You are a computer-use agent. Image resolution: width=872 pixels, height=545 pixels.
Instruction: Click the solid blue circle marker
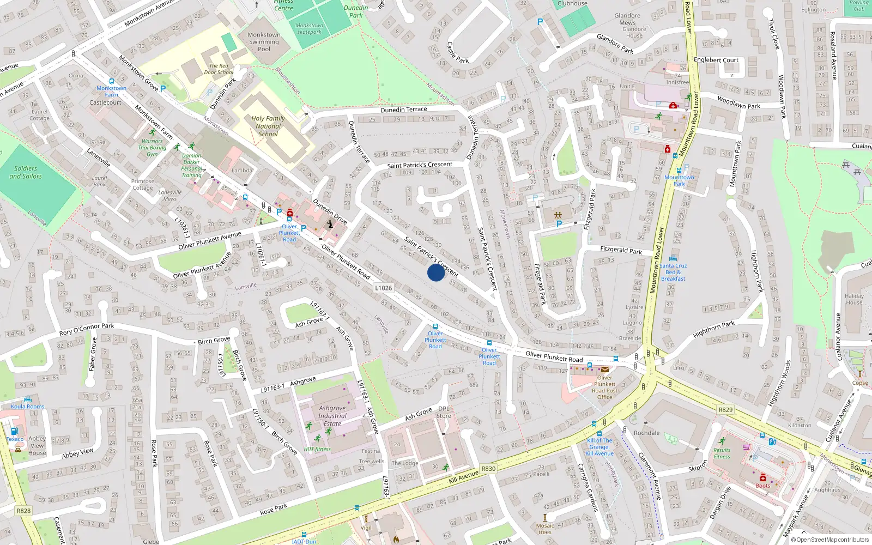[x=435, y=272]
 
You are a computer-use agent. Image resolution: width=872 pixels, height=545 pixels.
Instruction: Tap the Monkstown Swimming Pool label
[x=264, y=42]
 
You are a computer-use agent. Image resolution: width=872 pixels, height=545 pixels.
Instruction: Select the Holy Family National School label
[x=268, y=126]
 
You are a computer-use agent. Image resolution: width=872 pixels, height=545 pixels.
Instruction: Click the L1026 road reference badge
[x=383, y=288]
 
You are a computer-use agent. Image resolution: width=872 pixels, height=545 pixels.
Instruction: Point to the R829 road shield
[x=725, y=410]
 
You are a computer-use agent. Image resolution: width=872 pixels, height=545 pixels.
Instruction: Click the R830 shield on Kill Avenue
[x=488, y=469]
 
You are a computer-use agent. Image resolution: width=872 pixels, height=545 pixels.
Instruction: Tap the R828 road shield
[x=23, y=511]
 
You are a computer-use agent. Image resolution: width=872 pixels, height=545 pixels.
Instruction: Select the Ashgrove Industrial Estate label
[x=332, y=416]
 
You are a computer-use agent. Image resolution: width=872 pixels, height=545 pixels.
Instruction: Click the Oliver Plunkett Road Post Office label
[x=604, y=387]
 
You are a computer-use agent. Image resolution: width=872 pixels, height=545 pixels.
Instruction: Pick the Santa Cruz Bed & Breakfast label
[x=673, y=272]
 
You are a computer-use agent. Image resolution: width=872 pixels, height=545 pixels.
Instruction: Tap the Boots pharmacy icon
[x=763, y=478]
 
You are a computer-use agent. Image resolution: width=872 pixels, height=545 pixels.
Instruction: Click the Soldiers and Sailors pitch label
[x=26, y=172]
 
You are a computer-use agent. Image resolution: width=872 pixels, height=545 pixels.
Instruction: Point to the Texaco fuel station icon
[x=14, y=431]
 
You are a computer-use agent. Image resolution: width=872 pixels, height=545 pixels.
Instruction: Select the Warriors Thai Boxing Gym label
[x=152, y=147]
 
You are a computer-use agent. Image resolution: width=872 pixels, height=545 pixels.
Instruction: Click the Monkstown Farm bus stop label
[x=111, y=91]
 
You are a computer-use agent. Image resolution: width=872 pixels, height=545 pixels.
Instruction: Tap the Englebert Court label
[x=716, y=60]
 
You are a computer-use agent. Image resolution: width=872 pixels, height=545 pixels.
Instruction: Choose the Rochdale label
[x=646, y=433]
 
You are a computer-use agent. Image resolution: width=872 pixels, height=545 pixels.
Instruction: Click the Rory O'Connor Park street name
[x=87, y=329]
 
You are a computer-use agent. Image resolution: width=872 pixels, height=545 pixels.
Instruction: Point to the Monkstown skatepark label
[x=309, y=28]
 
